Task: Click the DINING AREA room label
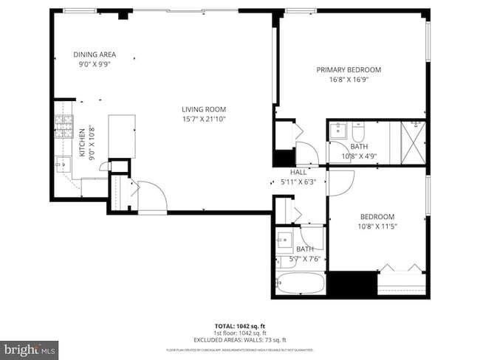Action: [x=94, y=55]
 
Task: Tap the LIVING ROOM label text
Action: [x=205, y=110]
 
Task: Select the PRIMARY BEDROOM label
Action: [x=349, y=70]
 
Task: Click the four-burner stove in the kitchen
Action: [x=64, y=127]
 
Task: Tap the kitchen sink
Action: [x=63, y=165]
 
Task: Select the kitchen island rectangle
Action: [x=122, y=136]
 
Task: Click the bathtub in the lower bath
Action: [x=300, y=283]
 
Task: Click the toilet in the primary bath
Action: [x=358, y=133]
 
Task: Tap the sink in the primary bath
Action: [x=338, y=131]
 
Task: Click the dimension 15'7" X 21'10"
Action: [x=205, y=120]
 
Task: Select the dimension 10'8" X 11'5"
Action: [x=377, y=226]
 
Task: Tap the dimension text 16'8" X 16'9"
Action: [x=349, y=80]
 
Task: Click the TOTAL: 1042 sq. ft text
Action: [x=240, y=326]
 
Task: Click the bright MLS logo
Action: [x=30, y=347]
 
